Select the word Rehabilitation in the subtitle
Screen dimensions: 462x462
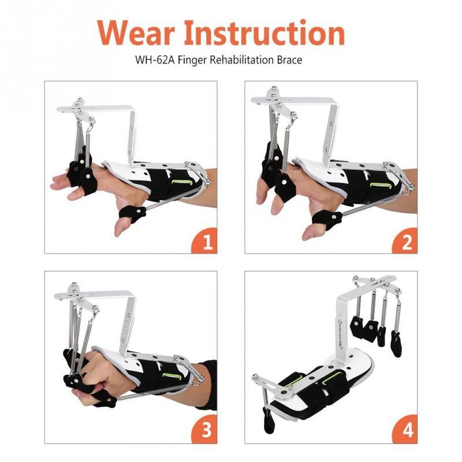248,60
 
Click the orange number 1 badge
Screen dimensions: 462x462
205,242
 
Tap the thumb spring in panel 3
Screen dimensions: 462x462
150,393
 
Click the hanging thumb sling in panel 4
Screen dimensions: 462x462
269,421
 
